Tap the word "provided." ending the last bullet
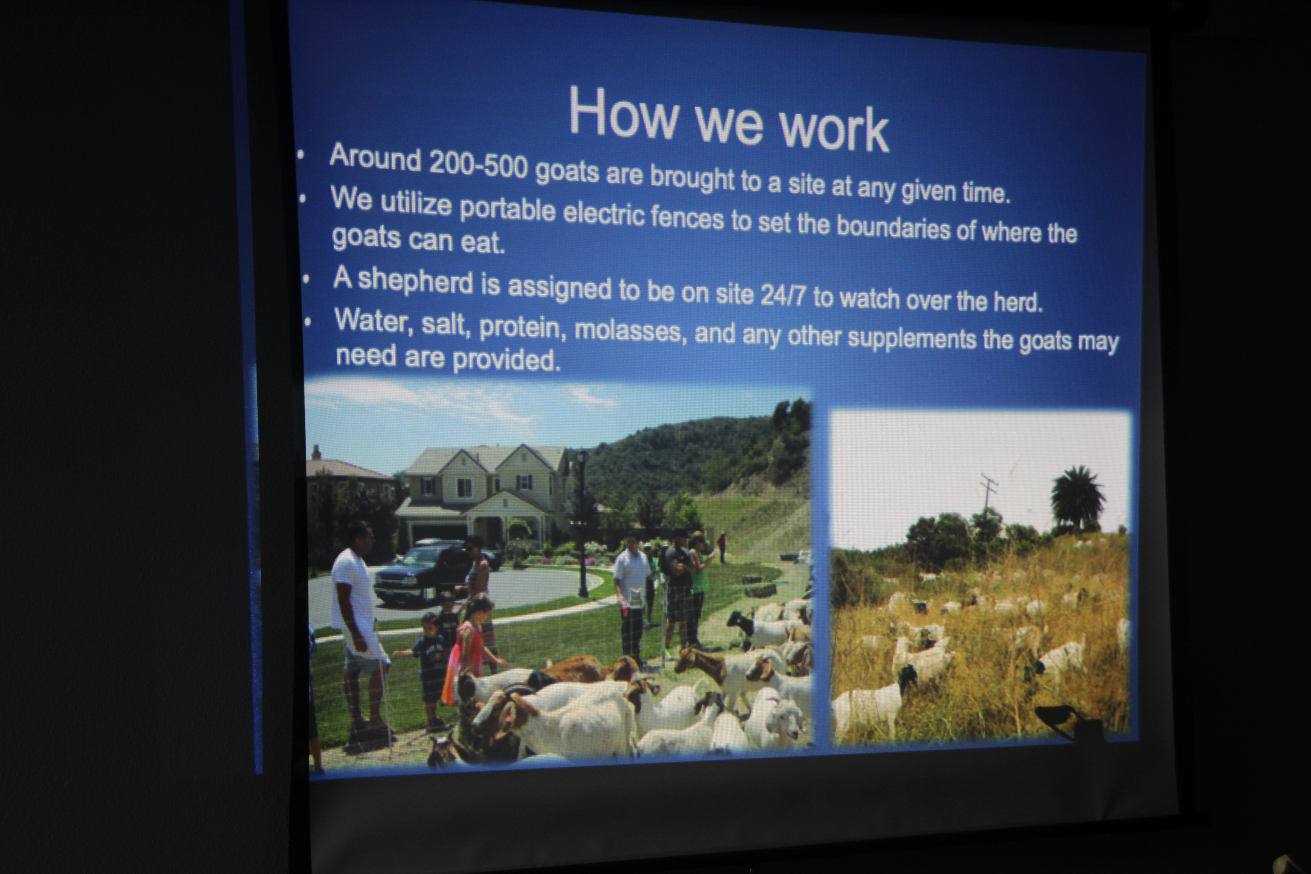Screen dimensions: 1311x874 [506, 361]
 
